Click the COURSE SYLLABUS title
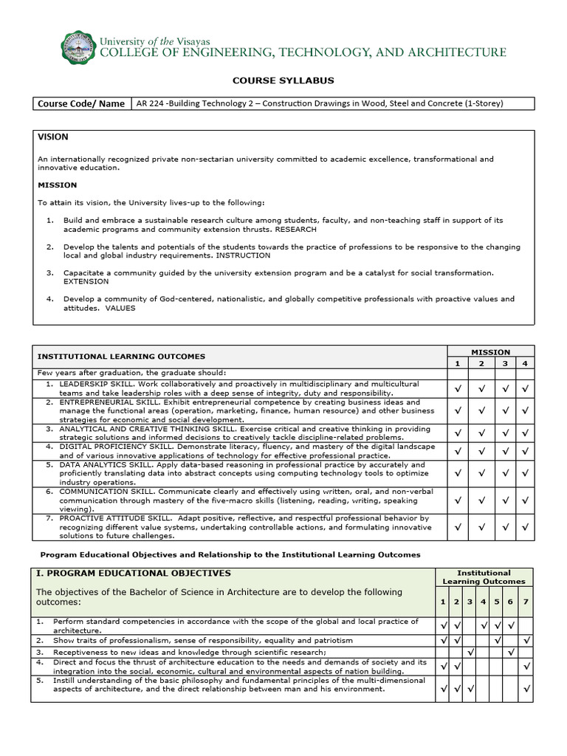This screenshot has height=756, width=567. (x=283, y=80)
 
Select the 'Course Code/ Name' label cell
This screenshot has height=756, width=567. (x=81, y=103)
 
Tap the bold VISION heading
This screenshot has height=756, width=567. (x=52, y=137)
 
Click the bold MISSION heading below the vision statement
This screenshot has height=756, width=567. (x=57, y=185)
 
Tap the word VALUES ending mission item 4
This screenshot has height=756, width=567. (x=121, y=308)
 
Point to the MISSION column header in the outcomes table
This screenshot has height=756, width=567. (x=491, y=352)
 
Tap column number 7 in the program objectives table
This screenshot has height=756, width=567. (x=525, y=602)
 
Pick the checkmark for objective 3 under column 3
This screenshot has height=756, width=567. (x=470, y=653)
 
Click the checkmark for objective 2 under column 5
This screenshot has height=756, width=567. (x=498, y=640)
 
